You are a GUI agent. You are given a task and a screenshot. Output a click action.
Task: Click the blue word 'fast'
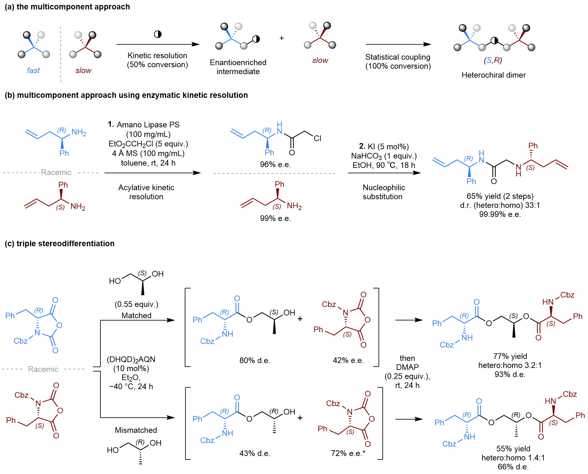point(33,70)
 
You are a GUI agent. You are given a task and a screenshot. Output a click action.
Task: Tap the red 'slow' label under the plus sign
point(320,60)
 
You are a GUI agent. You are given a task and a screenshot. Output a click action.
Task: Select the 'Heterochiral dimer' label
point(493,75)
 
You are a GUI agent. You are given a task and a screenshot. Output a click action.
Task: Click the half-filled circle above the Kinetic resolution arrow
point(157,34)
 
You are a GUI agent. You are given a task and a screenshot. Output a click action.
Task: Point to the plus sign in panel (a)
point(281,38)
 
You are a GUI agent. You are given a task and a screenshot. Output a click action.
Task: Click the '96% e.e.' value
point(275,164)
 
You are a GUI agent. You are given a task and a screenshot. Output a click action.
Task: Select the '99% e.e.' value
point(275,218)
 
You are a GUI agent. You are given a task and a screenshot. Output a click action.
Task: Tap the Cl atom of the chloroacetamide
point(317,138)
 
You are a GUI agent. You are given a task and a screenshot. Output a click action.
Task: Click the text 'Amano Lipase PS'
point(148,125)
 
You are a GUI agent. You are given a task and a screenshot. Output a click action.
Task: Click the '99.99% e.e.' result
point(500,214)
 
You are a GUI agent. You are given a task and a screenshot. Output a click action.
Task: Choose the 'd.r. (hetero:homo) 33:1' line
point(500,205)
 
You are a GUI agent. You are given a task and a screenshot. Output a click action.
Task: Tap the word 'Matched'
point(136,315)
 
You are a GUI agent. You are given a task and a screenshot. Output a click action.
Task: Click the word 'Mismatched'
point(136,430)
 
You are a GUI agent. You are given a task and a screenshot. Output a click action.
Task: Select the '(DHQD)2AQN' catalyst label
point(131,359)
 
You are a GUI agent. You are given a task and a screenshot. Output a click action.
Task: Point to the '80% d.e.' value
point(255,360)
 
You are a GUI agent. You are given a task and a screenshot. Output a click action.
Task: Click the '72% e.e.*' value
point(348,453)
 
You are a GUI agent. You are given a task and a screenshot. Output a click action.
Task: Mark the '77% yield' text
point(510,356)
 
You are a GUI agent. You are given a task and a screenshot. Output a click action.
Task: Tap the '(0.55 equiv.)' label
point(136,304)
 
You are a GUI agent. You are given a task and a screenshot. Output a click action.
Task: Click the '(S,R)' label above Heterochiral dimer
point(493,60)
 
